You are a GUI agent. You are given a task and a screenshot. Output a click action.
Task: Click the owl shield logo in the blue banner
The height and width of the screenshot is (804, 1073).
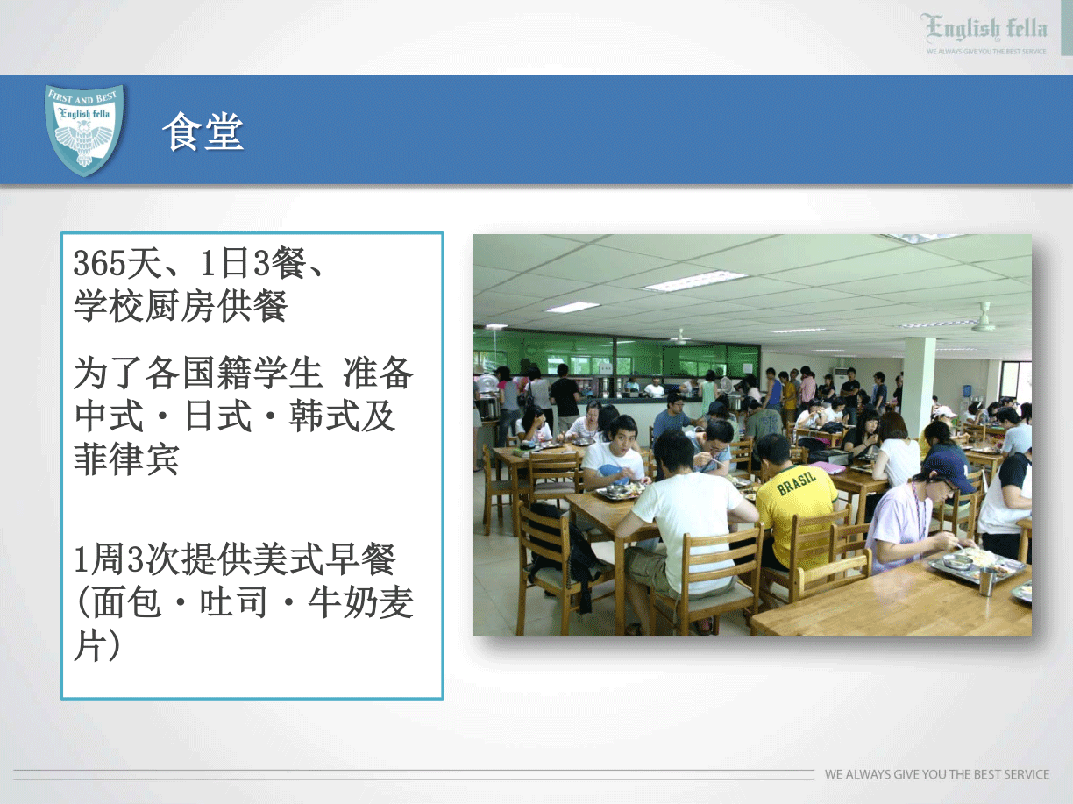click(x=84, y=130)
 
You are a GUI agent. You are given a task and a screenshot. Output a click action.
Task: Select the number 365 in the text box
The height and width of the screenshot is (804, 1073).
click(x=99, y=263)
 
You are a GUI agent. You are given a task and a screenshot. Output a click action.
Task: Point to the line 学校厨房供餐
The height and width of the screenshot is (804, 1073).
click(x=181, y=306)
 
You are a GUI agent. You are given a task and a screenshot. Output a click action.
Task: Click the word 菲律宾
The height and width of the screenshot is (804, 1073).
click(x=126, y=459)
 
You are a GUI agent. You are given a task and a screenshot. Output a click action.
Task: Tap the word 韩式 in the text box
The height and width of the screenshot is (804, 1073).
click(x=324, y=416)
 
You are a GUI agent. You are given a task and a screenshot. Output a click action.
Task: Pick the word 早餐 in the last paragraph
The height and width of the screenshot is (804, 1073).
click(x=361, y=559)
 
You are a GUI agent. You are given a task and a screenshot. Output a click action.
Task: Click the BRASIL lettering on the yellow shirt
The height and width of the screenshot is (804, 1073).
click(x=796, y=481)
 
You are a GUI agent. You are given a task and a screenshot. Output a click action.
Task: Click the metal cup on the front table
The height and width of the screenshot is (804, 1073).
click(x=987, y=580)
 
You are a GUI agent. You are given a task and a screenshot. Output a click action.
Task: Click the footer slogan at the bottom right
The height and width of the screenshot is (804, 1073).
click(x=937, y=774)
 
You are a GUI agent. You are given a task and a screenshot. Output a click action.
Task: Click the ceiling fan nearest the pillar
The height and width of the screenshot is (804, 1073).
click(x=983, y=320)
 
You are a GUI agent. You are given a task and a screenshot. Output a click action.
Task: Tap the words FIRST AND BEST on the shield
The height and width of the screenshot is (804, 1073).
click(x=82, y=97)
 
